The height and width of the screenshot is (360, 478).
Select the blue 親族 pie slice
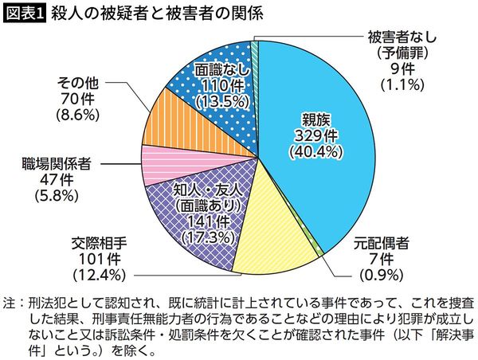[x=319, y=112]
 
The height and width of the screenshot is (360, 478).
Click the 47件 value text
[x=56, y=179]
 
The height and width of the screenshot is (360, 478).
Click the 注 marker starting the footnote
[x=9, y=303]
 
